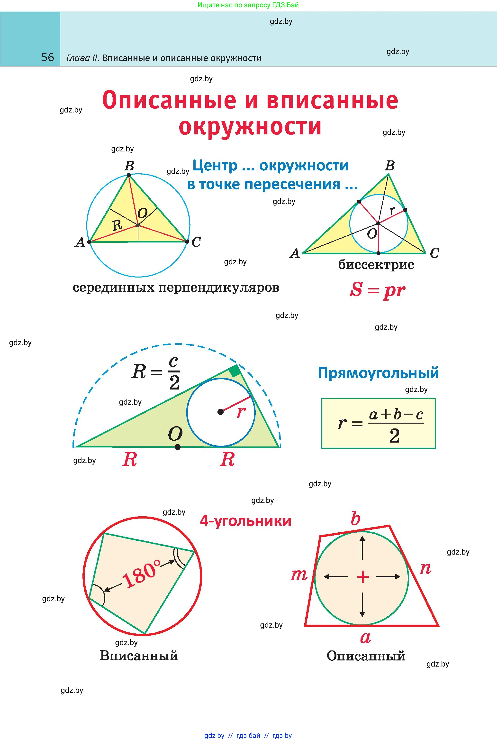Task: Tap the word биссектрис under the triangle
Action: point(376,265)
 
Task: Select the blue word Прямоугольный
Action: point(378,373)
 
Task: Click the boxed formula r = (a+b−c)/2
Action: point(379,423)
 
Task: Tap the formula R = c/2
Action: point(156,373)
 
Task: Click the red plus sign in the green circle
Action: point(363,577)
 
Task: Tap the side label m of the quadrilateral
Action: point(299,575)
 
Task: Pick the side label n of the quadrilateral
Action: point(425,568)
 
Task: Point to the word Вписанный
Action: point(139,655)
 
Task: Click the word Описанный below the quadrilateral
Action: point(366,656)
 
